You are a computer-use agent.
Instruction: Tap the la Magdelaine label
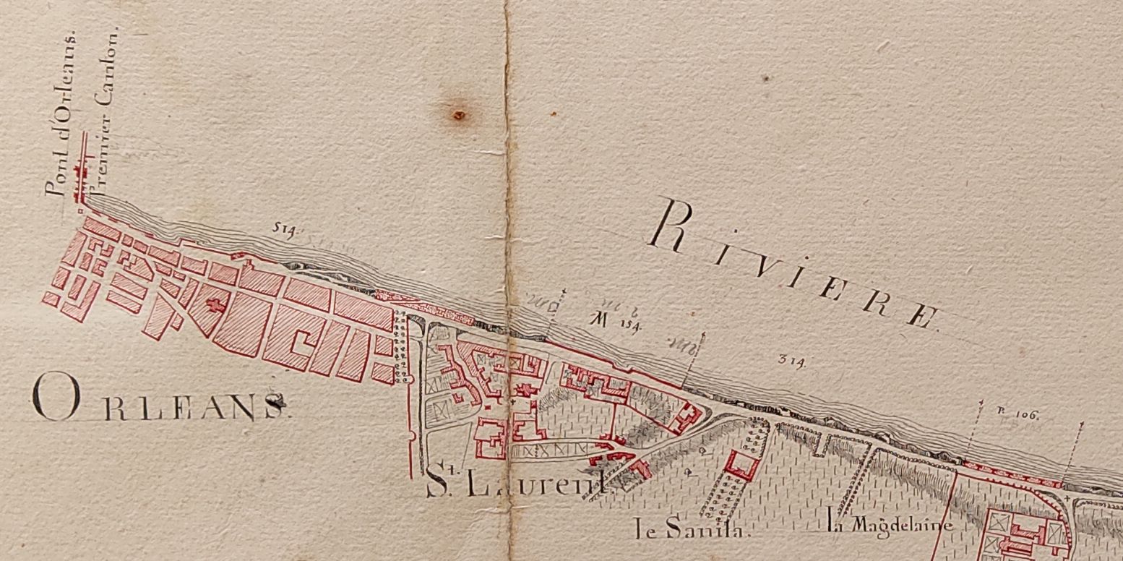tap(890, 526)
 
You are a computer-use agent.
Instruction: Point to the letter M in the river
tap(598, 320)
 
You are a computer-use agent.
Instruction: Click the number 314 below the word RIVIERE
tap(792, 359)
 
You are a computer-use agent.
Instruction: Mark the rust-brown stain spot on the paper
tap(457, 114)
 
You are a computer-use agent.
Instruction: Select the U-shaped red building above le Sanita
tap(743, 464)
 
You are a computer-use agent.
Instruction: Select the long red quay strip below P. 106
tap(1012, 474)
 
